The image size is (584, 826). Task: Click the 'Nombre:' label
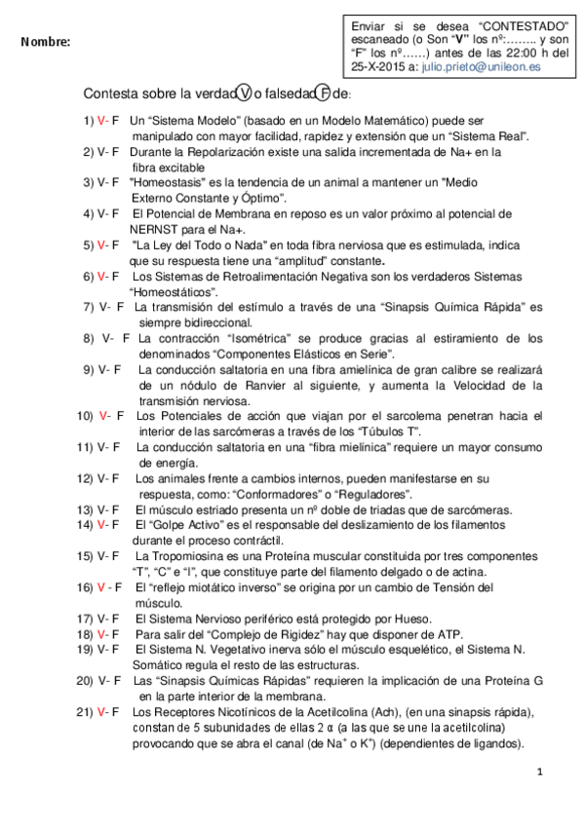45,43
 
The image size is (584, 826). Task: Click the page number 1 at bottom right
539,771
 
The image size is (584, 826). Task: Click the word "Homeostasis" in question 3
168,181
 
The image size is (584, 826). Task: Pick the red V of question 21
101,713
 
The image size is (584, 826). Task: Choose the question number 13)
85,509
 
